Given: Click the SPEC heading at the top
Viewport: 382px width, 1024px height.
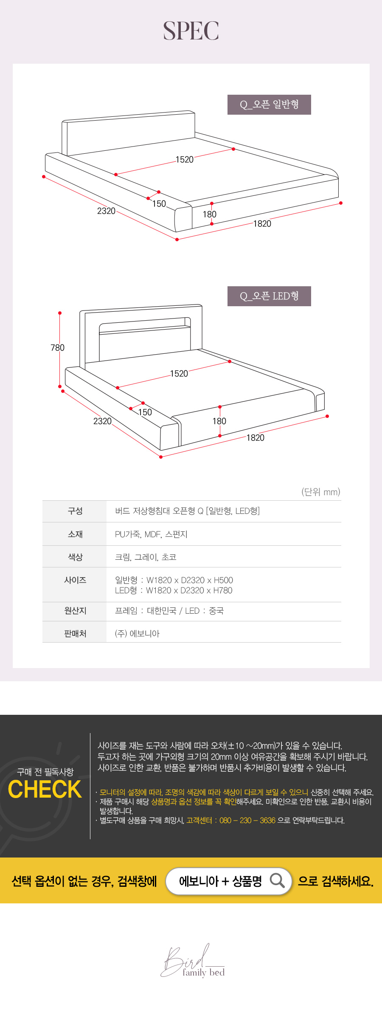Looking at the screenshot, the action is [191, 31].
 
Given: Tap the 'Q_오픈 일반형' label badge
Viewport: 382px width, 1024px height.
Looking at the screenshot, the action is [269, 104].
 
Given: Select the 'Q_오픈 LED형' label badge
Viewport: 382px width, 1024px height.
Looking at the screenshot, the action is [269, 296].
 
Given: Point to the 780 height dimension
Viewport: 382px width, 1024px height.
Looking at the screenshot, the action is [58, 348].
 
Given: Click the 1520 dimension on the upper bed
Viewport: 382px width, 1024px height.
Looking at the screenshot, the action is [185, 160].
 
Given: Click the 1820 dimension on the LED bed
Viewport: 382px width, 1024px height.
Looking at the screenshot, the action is [256, 438].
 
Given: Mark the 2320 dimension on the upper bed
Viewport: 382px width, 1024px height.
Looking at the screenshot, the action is [106, 211].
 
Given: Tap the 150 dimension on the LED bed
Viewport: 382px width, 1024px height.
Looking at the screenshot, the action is [145, 412].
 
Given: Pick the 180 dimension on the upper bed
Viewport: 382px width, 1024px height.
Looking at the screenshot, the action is [210, 214].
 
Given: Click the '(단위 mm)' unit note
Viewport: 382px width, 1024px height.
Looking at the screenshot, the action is [321, 492].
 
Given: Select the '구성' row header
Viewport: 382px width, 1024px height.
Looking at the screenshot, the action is [75, 511].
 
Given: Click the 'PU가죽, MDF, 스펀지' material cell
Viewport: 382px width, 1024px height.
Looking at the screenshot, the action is [151, 534].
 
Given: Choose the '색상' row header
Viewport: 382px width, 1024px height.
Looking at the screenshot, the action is [75, 557].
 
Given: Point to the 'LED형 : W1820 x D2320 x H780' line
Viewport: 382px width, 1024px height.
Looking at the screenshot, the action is [174, 590].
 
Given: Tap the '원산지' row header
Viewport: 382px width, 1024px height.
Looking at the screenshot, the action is [75, 611].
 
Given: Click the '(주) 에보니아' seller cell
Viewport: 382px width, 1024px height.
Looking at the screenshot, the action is [137, 634].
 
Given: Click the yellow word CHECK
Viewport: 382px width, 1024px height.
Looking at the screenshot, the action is [45, 790].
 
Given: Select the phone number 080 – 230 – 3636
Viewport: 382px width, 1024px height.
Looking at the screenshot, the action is [247, 820].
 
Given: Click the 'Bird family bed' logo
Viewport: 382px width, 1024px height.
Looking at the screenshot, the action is [193, 961].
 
